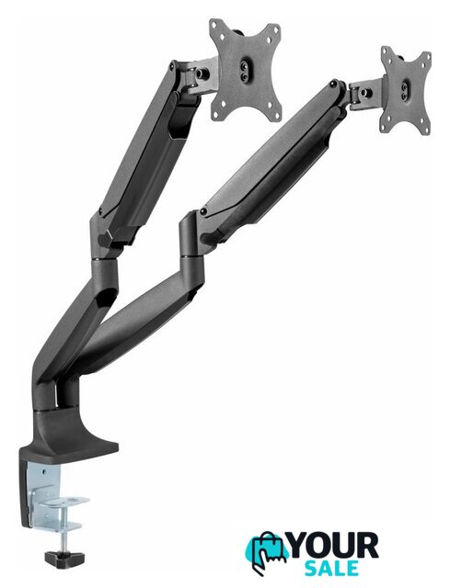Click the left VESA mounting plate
(246, 71)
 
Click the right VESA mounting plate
(405, 89)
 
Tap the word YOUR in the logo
(334, 545)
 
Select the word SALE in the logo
(331, 568)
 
